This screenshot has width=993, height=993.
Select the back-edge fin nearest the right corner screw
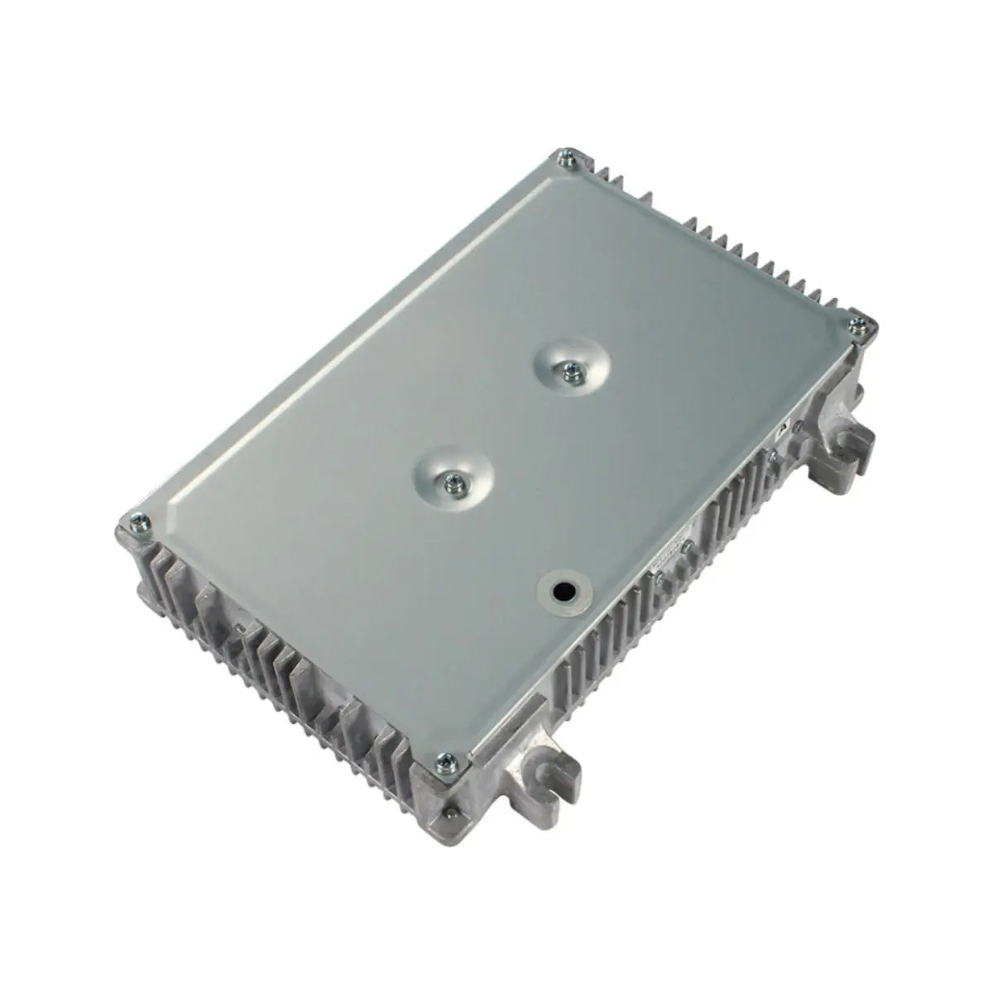pyautogui.click(x=832, y=303)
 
